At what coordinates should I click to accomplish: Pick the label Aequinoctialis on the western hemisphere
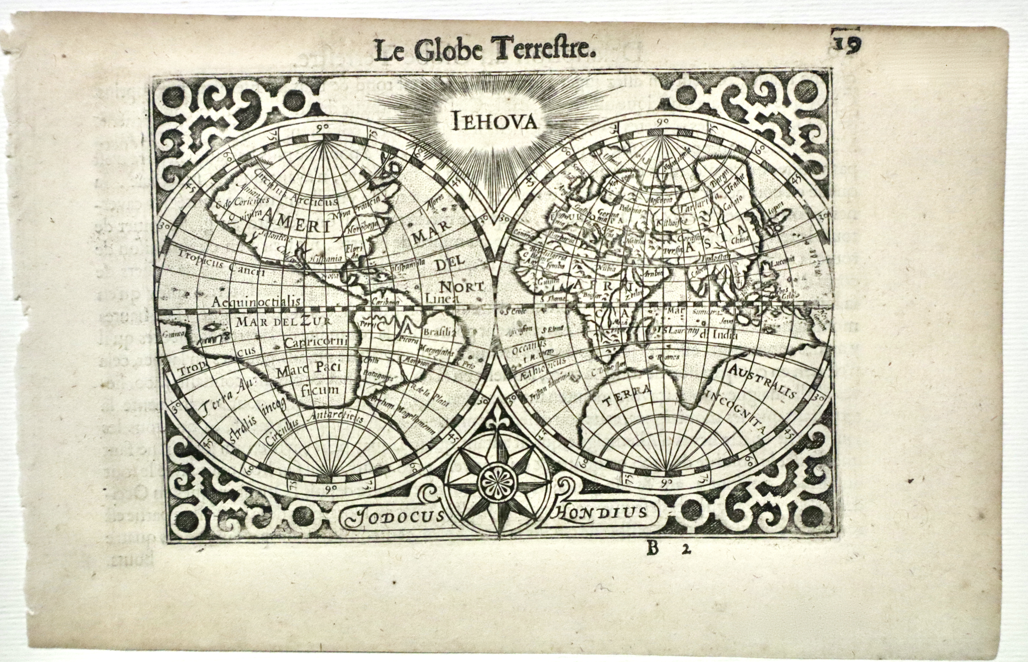point(256,302)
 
